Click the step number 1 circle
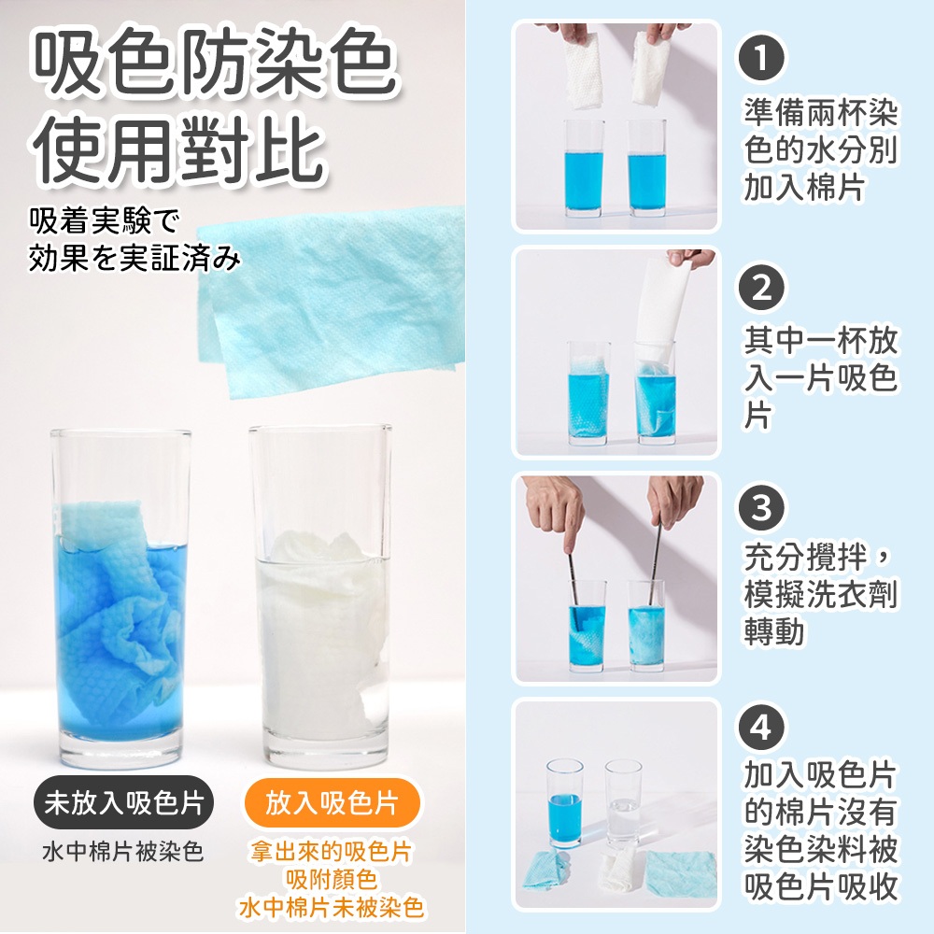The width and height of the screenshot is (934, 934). [x=760, y=58]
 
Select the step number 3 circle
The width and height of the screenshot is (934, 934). [x=760, y=508]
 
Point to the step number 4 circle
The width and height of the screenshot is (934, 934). [x=760, y=728]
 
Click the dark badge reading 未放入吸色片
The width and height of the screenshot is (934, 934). [x=123, y=802]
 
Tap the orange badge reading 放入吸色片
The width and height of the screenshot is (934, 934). [x=332, y=802]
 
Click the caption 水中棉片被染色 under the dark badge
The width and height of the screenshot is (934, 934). [x=123, y=851]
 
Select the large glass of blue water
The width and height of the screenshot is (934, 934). [x=120, y=598]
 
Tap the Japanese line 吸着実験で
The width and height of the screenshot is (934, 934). [x=105, y=221]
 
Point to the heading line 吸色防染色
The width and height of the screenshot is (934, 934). [x=216, y=64]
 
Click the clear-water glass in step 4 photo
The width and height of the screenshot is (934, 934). [x=623, y=802]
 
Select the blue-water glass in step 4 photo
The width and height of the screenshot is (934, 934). [x=565, y=802]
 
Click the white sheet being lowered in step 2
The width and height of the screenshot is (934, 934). [x=660, y=312]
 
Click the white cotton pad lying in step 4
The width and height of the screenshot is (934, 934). [x=619, y=869]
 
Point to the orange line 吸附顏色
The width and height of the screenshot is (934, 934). [x=332, y=879]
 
